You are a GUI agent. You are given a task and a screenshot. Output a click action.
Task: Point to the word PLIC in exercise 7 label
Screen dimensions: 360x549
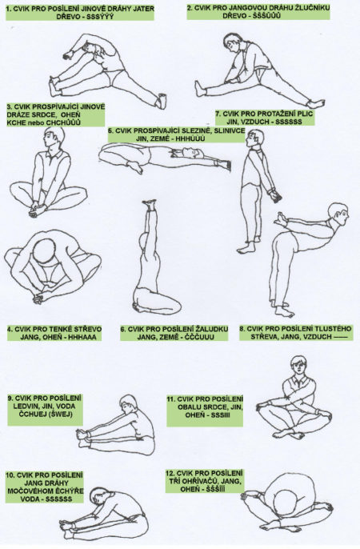(x=305, y=114)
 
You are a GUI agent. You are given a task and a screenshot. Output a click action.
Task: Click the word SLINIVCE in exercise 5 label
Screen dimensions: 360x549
(x=230, y=130)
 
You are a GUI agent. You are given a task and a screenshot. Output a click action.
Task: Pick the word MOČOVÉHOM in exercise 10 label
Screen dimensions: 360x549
(x=26, y=491)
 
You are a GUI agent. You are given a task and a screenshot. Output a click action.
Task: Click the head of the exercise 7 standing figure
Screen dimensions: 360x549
(x=254, y=139)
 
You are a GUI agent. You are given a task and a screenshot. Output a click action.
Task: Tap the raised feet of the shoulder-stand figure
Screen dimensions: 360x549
(x=150, y=204)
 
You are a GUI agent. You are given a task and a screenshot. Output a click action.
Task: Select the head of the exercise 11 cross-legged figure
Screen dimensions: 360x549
(x=298, y=366)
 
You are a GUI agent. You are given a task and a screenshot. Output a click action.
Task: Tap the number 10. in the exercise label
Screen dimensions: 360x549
(x=11, y=475)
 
